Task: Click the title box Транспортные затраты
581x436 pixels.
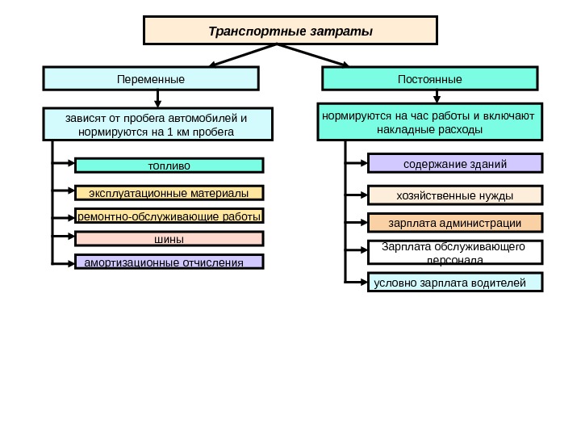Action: (290, 31)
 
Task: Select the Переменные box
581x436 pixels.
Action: (151, 79)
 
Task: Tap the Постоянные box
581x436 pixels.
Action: (430, 79)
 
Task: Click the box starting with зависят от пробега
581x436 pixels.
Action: (157, 124)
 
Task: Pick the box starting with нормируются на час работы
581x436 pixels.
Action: (430, 121)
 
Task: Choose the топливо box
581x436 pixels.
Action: (169, 166)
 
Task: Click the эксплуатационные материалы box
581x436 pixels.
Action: (169, 193)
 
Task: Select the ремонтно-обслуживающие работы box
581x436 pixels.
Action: (169, 216)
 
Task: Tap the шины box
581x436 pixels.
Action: (169, 239)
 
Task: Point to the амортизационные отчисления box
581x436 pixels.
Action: (169, 262)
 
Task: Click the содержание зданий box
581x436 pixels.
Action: (456, 164)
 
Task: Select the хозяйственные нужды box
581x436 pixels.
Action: (456, 195)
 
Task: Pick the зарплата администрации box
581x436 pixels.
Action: (456, 222)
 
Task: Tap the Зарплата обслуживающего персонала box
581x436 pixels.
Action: (456, 252)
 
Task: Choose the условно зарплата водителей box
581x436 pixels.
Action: (456, 283)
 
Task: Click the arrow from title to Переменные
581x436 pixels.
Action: (242, 55)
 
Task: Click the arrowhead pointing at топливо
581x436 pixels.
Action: (70, 166)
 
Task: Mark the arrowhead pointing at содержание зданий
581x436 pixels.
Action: (363, 165)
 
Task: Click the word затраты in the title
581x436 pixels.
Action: (346, 31)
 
